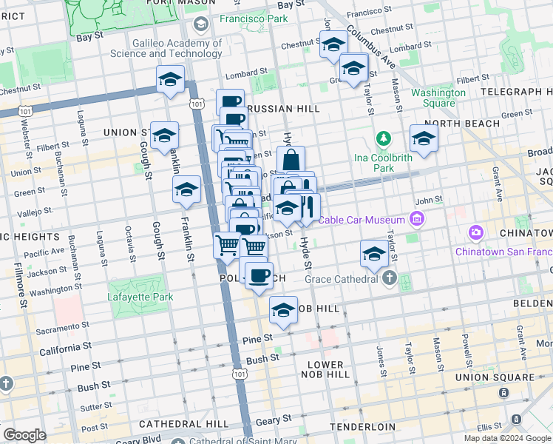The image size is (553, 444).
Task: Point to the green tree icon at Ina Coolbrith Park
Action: point(383,138)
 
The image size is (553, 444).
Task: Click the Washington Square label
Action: point(438,98)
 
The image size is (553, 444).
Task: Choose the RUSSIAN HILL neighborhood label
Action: point(284,109)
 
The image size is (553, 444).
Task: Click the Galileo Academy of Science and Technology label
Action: point(166,49)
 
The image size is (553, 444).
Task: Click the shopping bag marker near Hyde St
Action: point(291,159)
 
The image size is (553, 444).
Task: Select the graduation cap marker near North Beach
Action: point(424,138)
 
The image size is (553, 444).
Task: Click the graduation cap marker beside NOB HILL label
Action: point(283,310)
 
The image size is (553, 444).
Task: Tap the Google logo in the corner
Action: point(24,435)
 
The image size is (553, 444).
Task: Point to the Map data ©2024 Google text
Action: point(507,438)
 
